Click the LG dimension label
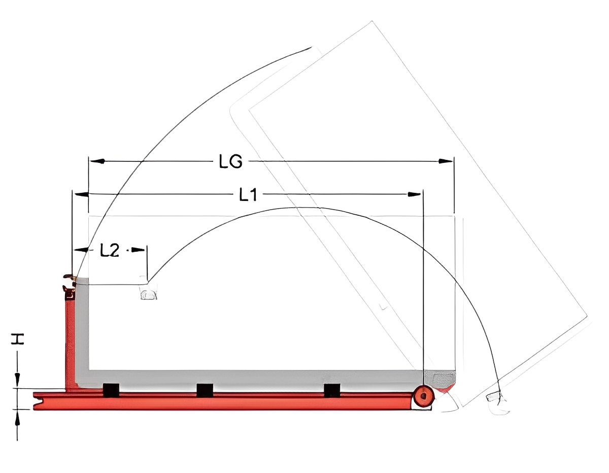coord(230,162)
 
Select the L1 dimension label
coord(248,195)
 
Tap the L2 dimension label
coord(110,250)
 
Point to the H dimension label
coord(17,339)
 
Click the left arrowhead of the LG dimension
coord(97,161)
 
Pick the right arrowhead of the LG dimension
coord(446,161)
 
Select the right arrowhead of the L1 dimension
coord(414,194)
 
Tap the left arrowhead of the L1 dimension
coord(81,194)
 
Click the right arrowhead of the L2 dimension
coord(138,249)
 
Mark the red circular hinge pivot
coord(424,396)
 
